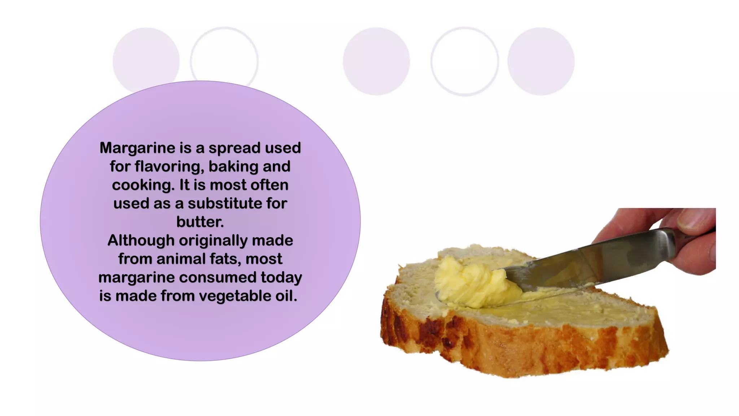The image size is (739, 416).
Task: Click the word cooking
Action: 143,185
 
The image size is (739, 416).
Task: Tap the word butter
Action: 200,222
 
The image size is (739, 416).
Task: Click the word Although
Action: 141,240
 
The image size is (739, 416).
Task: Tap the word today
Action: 281,278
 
